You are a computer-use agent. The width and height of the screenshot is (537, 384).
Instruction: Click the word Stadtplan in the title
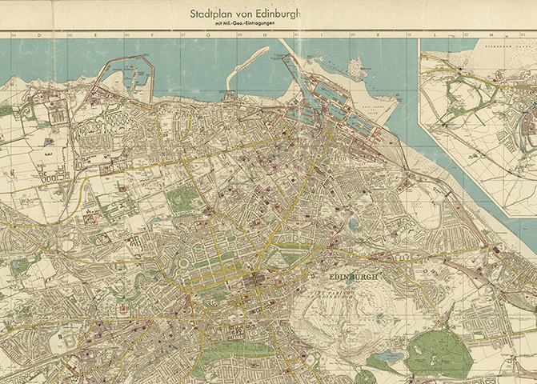pos(210,14)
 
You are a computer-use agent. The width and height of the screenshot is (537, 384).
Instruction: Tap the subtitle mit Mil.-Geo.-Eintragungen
pos(248,25)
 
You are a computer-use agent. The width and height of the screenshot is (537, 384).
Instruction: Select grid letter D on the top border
pos(36,35)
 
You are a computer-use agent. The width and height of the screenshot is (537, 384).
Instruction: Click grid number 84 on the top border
pos(14,35)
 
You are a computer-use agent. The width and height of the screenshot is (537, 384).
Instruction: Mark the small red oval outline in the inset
pos(459,71)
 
